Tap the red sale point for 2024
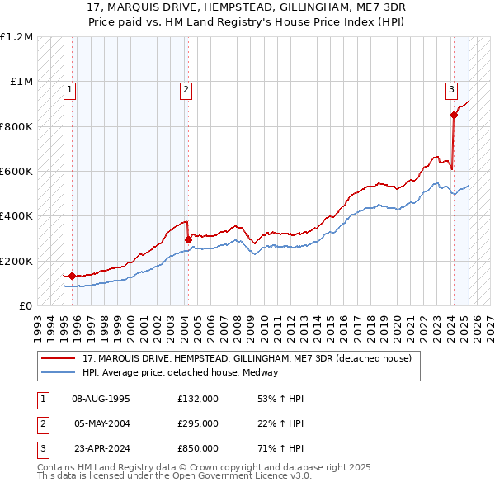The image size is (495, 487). click(x=454, y=116)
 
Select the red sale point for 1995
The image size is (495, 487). click(x=72, y=277)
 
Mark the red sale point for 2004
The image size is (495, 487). click(x=188, y=239)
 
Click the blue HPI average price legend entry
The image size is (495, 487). click(x=180, y=372)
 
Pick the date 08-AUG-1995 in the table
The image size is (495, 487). click(x=101, y=399)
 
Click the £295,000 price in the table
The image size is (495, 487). click(x=198, y=423)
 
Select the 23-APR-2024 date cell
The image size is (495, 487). click(x=101, y=448)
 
